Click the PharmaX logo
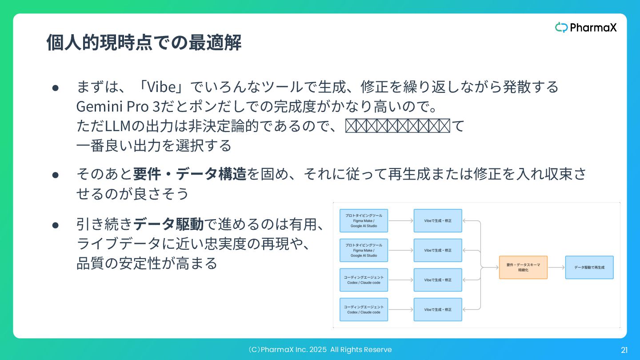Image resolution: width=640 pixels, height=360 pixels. (586, 28)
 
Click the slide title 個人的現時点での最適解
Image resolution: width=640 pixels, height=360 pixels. (144, 43)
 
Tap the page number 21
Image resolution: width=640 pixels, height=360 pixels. (624, 350)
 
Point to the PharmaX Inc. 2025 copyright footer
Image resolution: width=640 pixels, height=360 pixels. (320, 350)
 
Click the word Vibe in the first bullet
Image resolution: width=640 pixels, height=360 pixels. (161, 87)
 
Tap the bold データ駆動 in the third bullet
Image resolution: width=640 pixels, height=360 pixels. (169, 224)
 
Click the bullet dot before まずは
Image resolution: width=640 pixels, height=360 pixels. (56, 87)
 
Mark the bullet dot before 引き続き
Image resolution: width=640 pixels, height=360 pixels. (56, 225)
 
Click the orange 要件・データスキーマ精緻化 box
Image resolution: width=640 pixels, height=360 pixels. (523, 267)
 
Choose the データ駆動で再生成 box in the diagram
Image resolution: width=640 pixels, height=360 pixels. (589, 267)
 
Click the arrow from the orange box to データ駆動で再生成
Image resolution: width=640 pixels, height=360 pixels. (556, 267)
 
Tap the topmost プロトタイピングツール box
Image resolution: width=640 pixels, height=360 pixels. (364, 220)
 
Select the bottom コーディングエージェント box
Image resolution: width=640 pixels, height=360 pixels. (364, 309)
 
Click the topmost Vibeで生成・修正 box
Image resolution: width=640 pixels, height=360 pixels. (438, 220)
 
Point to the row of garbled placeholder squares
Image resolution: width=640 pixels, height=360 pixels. (398, 126)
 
